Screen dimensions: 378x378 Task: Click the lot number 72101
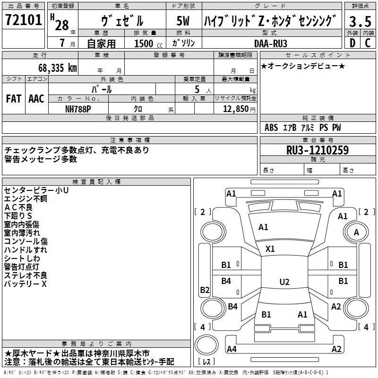click(23, 20)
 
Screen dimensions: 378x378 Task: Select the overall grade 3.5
click(360, 21)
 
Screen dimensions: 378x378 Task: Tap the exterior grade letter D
click(352, 43)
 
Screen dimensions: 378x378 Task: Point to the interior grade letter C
click(368, 43)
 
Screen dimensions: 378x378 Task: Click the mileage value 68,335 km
click(58, 68)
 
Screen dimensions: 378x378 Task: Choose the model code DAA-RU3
click(271, 43)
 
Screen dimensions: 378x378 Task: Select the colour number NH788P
click(78, 109)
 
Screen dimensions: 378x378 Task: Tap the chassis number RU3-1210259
click(318, 150)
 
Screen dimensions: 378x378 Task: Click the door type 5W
click(183, 21)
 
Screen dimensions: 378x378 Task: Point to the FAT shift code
click(14, 99)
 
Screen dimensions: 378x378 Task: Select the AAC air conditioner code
click(36, 99)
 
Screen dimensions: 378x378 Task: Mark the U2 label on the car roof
click(284, 282)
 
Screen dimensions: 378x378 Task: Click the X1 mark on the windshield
click(270, 249)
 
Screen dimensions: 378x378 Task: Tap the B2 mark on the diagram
click(205, 290)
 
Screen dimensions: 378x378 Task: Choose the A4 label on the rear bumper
click(232, 349)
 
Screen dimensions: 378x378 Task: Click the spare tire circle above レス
click(206, 345)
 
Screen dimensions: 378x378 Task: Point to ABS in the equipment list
click(271, 128)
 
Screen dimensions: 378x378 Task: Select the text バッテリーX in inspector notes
click(26, 284)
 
